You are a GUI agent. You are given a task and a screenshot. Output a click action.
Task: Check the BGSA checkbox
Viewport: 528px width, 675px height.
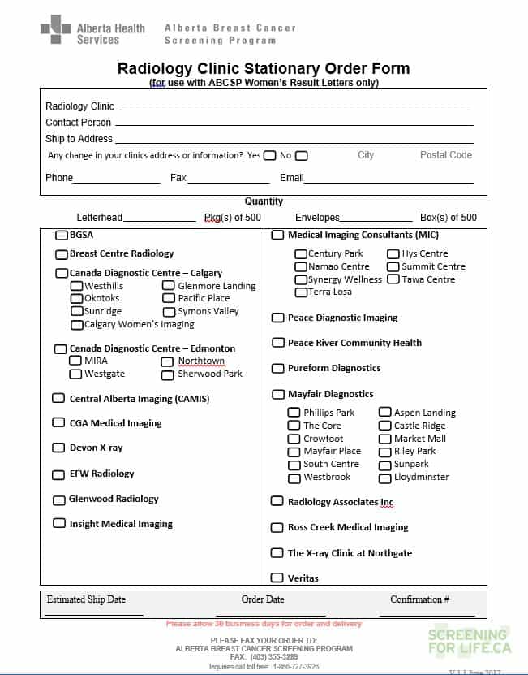pos(62,236)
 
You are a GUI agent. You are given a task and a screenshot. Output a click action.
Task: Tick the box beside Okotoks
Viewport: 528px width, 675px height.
pos(76,298)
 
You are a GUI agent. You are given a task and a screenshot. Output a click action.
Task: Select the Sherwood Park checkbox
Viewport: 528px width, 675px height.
pos(167,374)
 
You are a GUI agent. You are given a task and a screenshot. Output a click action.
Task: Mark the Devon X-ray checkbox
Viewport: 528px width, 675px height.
pos(58,448)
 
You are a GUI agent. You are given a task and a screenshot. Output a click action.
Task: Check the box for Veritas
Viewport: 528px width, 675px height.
pos(277,578)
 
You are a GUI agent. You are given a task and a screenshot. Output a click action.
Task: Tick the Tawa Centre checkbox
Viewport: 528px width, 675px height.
pos(393,279)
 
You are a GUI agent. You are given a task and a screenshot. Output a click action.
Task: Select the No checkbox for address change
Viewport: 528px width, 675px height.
pos(301,156)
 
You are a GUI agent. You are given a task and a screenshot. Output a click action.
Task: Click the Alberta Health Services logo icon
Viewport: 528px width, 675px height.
pos(56,29)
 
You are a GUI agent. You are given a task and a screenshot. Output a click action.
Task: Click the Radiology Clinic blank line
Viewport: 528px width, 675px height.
pos(296,107)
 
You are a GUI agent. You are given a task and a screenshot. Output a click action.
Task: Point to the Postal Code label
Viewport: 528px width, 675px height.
pos(445,155)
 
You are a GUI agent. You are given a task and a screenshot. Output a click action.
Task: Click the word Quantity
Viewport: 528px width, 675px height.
pos(264,201)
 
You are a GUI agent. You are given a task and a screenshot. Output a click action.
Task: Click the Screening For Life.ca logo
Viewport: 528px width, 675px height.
pos(470,641)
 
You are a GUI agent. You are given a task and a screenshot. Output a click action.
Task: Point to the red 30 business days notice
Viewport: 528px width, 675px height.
pos(264,624)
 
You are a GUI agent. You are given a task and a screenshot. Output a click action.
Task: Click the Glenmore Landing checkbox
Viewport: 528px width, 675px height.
pos(168,286)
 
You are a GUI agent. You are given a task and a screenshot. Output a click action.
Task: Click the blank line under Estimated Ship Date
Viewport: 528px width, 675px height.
pos(94,613)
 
